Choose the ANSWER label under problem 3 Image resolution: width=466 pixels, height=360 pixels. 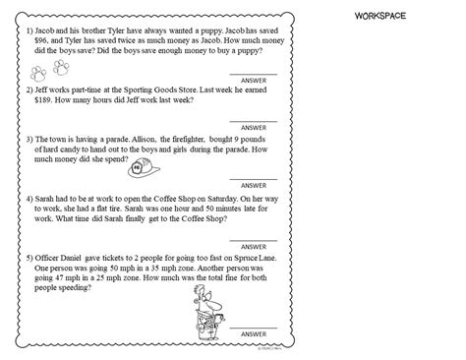point(254,184)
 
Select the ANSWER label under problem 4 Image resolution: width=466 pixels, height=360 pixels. point(254,242)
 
